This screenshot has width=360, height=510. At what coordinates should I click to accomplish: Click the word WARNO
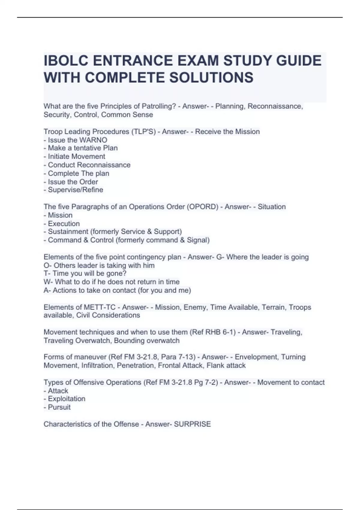point(93,140)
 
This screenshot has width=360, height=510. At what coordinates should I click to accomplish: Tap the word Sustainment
point(64,232)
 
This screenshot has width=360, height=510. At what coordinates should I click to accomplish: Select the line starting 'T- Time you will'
point(85,274)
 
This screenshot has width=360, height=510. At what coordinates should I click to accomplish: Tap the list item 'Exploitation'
point(67,399)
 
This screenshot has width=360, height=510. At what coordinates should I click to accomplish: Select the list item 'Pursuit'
point(59,407)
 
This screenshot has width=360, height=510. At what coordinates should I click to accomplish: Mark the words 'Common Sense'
point(127,115)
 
